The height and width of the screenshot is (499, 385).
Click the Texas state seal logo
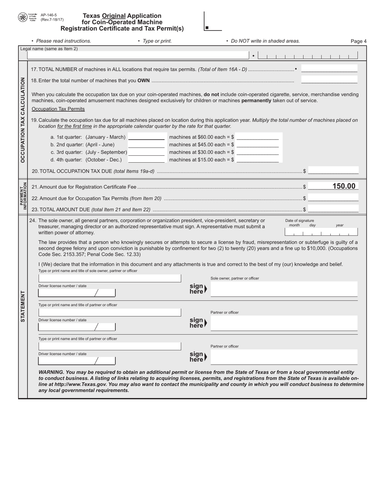23,17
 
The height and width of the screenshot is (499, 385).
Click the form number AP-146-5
49,15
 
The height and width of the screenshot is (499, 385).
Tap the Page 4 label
358,41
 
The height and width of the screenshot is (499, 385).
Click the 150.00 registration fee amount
344,186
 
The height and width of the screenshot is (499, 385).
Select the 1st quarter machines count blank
146,137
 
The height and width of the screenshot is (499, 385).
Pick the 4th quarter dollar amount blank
257,159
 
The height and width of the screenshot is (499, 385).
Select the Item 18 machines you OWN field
329,80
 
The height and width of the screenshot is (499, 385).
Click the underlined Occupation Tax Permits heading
58,109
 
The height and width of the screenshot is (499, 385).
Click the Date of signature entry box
321,232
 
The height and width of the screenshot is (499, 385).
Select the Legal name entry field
138,56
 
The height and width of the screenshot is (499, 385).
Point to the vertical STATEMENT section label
23,306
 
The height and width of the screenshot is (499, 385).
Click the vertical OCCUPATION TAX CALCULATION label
23,120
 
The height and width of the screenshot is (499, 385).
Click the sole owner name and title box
110,278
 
